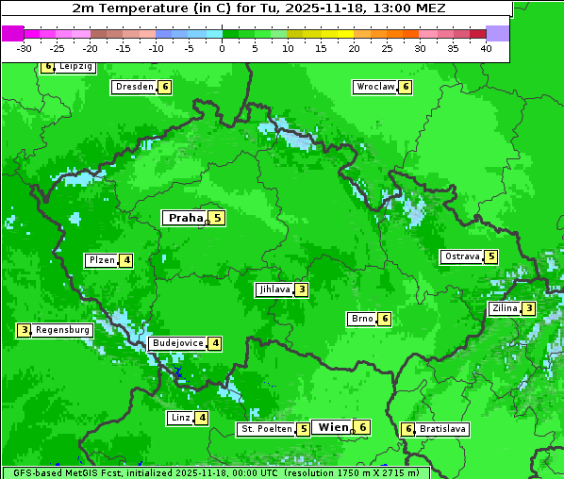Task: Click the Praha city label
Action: tap(185, 218)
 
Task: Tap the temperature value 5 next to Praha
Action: tap(217, 218)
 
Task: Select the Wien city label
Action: tap(333, 427)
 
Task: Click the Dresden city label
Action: tap(133, 87)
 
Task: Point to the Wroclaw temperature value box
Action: tap(406, 87)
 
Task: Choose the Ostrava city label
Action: tap(461, 256)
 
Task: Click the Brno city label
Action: tap(361, 319)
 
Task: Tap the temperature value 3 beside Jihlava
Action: tap(301, 289)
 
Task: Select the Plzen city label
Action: tap(101, 260)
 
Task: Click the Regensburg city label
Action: tap(63, 330)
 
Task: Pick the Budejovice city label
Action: tap(177, 343)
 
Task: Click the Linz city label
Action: tap(179, 418)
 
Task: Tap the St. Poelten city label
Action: tap(265, 429)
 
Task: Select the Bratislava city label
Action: tap(442, 429)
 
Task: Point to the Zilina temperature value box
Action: tap(529, 308)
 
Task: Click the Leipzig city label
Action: tap(75, 67)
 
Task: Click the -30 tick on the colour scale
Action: tap(25, 48)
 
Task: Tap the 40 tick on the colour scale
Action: tap(486, 48)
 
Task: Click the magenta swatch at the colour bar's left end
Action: tap(12, 33)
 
